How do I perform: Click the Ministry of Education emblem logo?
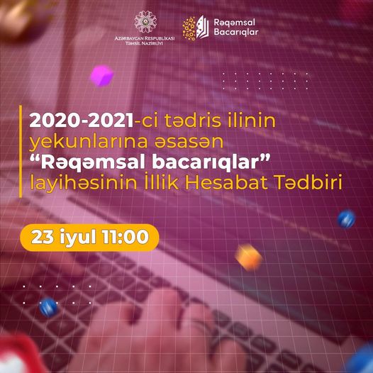145,22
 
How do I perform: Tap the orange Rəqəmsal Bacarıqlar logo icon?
196,28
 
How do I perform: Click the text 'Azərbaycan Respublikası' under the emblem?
145,38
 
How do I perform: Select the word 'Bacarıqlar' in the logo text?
235,32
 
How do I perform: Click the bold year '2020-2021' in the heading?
81,121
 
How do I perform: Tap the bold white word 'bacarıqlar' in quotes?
205,162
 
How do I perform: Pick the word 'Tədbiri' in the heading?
308,183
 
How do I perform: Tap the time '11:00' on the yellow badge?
126,237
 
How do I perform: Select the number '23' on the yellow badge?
43,237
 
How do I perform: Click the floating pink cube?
102,76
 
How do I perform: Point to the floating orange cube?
249,257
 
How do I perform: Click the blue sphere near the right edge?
346,219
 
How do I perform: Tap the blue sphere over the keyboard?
48,307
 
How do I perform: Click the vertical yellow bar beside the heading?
21,151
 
